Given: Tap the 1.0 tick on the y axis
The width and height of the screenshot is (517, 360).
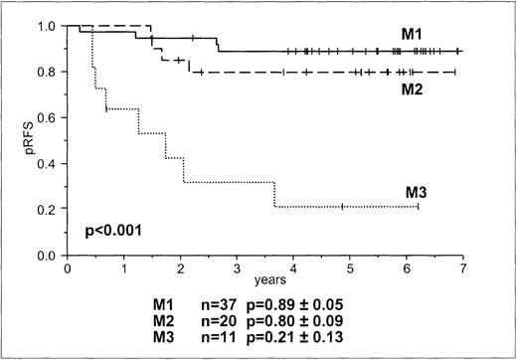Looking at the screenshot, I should click(49, 26).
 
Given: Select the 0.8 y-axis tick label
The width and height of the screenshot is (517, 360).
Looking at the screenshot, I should click(49, 72).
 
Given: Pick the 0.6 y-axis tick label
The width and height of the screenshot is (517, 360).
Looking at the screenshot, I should click(49, 118).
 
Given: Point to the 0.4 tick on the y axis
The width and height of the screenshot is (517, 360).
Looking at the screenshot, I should click(49, 164).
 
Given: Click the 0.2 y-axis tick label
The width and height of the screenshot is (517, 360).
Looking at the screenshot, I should click(49, 210).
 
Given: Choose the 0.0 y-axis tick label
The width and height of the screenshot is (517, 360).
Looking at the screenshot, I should click(49, 257).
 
